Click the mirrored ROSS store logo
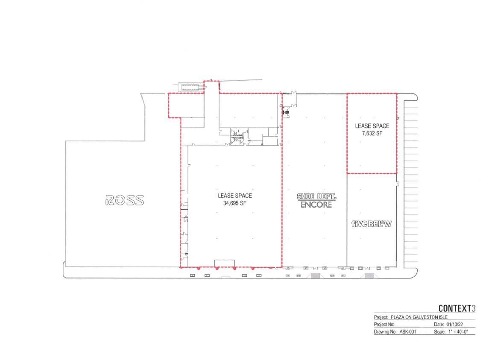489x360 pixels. [x=124, y=200]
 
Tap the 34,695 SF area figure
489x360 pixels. [x=235, y=204]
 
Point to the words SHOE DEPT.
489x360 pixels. [x=317, y=196]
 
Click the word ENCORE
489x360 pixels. [x=316, y=205]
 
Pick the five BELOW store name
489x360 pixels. [x=371, y=224]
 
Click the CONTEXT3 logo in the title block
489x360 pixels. [x=456, y=308]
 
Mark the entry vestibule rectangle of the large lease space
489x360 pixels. [x=224, y=263]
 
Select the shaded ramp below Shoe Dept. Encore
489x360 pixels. [x=316, y=276]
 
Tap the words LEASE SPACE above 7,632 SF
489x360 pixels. [x=372, y=126]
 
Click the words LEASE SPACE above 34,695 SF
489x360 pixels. [x=235, y=196]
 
